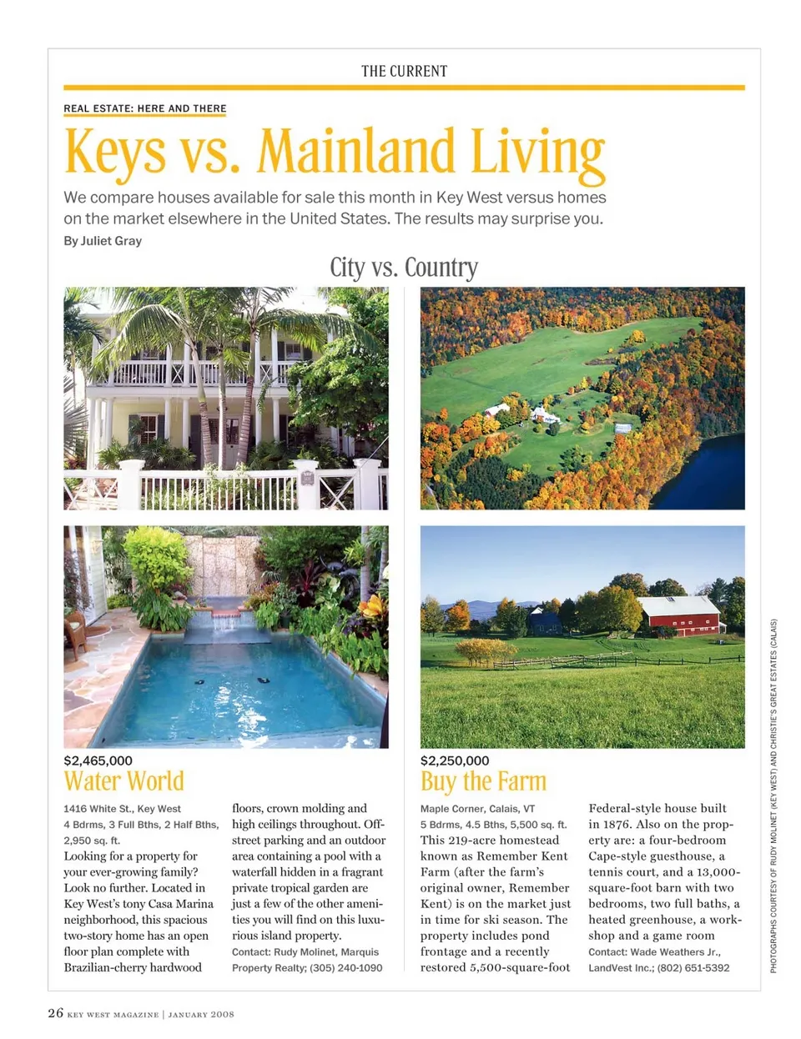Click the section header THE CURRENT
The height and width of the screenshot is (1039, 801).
(x=404, y=72)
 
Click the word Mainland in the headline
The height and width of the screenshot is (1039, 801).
(x=357, y=152)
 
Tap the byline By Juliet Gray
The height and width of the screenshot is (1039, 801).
(x=103, y=241)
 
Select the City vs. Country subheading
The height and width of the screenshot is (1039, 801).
(x=404, y=268)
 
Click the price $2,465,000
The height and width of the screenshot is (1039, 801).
(x=98, y=760)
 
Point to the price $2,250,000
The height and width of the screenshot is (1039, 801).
(x=455, y=760)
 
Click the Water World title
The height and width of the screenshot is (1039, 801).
(x=123, y=781)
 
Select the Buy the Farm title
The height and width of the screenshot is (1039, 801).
(x=483, y=781)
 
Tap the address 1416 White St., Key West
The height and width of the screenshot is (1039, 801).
(x=122, y=809)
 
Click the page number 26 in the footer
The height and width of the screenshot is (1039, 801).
(x=55, y=1013)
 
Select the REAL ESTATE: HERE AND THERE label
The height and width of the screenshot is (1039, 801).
(x=145, y=108)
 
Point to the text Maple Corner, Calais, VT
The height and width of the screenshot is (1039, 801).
(x=477, y=809)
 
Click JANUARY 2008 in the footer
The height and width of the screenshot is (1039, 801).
(x=201, y=1015)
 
